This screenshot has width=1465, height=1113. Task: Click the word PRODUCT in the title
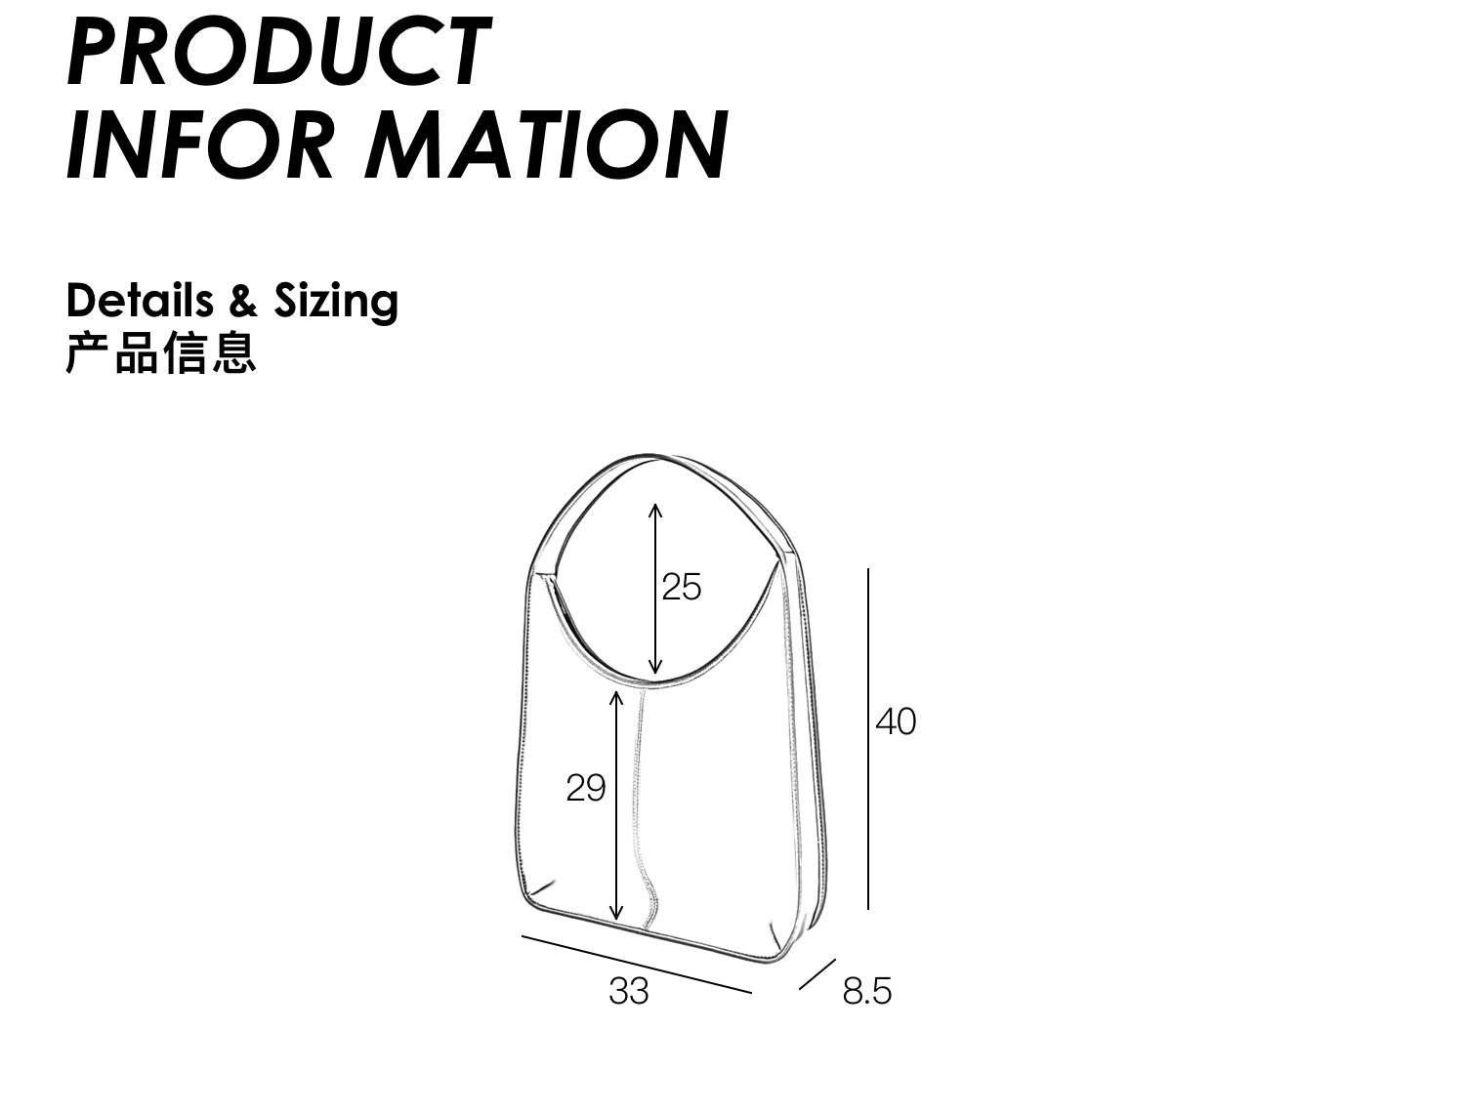(279, 51)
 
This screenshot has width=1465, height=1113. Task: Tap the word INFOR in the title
(199, 144)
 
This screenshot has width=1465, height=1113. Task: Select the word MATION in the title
(546, 144)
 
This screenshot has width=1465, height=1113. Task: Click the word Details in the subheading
(140, 301)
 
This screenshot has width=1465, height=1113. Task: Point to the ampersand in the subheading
(243, 301)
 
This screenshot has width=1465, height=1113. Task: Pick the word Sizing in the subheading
(336, 304)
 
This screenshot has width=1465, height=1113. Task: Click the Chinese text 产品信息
(161, 352)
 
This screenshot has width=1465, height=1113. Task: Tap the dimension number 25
(682, 587)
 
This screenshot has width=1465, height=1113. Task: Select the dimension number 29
(585, 788)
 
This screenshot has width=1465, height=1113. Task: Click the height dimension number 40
(896, 721)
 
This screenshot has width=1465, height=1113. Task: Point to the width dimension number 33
(628, 991)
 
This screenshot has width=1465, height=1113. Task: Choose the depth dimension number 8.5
(866, 991)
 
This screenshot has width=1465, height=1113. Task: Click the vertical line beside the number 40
(868, 739)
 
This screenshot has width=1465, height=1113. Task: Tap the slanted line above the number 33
(637, 965)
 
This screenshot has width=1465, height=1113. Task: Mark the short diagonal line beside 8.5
(816, 974)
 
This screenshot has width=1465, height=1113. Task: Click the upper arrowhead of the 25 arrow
(655, 511)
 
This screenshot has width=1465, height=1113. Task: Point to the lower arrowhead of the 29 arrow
(616, 913)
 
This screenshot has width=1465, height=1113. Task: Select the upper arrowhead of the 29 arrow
(616, 699)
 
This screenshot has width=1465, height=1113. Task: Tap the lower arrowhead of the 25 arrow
(655, 666)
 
